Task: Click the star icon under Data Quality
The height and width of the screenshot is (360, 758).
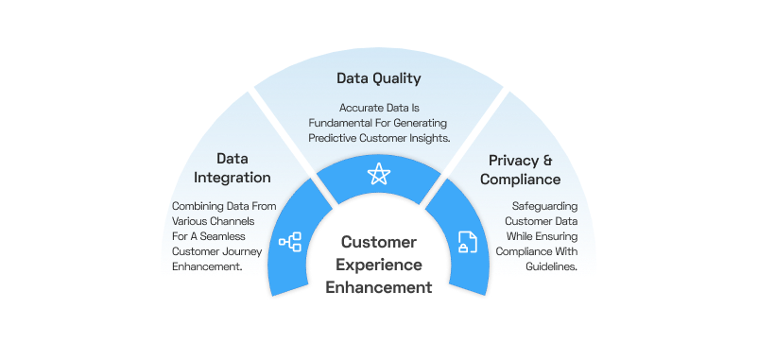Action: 378,173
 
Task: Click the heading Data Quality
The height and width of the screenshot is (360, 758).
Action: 378,78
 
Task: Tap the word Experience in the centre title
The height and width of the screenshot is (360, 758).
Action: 379,265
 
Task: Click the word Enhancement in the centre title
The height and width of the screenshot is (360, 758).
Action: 379,286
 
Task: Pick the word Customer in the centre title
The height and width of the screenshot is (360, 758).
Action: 379,243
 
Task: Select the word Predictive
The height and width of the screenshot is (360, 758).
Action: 336,138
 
